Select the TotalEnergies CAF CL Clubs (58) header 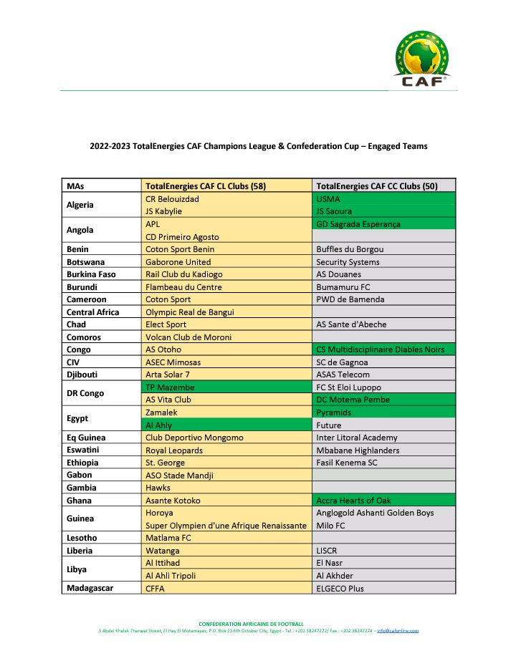coord(206,186)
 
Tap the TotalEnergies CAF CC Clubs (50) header coord(376,186)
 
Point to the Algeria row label coord(80,205)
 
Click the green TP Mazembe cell coord(170,387)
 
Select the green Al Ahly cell coord(159,425)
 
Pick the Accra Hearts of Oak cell coord(355,501)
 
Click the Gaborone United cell coord(178,262)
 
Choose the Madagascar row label coord(90,588)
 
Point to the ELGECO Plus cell coord(340,588)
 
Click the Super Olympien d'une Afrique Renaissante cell coord(226,526)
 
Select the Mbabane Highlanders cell coord(357,450)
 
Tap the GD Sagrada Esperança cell coord(358,224)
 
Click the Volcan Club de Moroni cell coord(186,337)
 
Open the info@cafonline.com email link coord(398,631)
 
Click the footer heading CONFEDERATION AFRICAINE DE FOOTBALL coord(251,624)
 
